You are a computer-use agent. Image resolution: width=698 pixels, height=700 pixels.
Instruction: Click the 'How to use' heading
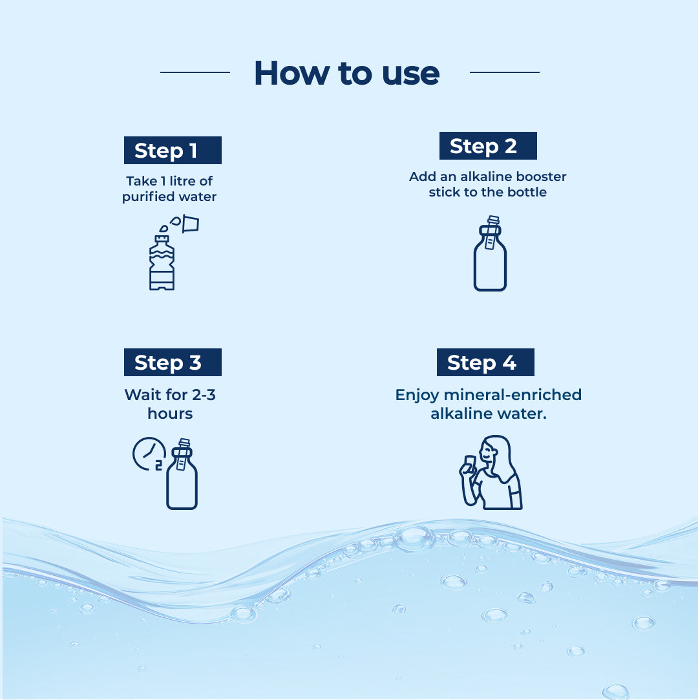347,73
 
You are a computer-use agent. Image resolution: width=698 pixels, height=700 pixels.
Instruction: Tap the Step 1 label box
173,150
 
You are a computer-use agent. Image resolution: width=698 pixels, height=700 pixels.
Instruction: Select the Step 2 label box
488,145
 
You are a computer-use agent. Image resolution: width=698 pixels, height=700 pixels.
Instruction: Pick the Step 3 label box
173,362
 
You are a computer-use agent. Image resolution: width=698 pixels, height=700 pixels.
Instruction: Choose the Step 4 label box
485,362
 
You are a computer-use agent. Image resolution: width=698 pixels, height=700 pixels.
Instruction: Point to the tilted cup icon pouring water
190,224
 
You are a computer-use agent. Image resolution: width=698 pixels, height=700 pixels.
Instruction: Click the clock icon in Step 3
149,454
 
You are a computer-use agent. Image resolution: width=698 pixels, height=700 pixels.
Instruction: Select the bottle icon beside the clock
182,474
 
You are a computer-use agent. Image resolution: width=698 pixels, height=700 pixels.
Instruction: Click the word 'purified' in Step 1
149,197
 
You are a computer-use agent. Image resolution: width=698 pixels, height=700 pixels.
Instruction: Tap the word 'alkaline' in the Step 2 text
484,176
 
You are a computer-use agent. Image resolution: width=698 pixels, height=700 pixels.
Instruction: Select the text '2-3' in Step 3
204,395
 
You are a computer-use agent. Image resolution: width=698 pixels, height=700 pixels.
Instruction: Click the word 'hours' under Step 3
170,414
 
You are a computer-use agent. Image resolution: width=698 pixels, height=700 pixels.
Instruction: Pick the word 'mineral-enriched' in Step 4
513,395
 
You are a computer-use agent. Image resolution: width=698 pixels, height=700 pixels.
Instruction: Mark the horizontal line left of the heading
195,72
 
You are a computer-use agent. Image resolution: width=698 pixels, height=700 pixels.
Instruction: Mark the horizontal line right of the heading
505,72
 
